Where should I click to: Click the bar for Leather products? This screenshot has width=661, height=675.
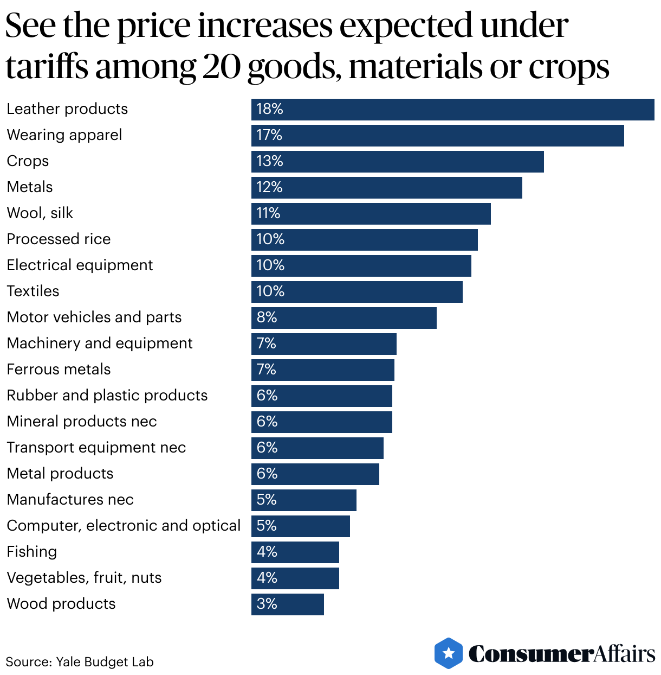452,109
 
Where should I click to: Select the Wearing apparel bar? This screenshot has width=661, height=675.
437,135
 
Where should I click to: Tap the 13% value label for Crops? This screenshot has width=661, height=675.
270,161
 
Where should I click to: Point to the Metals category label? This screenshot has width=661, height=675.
30,187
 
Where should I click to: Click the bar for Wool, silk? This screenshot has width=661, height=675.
371,213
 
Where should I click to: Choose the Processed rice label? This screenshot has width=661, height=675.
59,239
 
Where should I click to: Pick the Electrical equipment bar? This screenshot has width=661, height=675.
361,265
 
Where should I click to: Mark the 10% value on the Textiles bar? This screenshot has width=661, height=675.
270,291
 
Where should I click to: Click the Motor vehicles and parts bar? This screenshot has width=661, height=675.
344,317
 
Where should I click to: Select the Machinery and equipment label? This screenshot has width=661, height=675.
100,343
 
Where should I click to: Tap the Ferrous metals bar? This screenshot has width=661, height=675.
322,370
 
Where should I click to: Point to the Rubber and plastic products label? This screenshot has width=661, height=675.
107,396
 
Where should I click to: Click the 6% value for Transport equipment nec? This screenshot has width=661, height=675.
267,448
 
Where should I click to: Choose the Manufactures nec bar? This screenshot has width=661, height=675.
303,500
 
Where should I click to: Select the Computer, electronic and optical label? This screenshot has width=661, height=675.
124,526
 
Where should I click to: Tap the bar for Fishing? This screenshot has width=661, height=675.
295,552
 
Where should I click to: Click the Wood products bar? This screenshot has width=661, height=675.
287,604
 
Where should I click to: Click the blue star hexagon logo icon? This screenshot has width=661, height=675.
449,653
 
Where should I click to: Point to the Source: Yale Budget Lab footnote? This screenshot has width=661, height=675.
80,662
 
